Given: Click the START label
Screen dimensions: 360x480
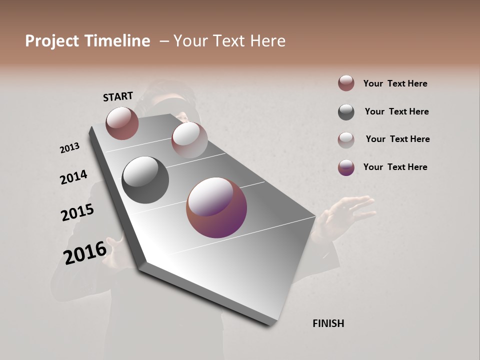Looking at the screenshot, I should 118,96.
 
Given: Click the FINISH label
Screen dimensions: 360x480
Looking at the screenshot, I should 328,323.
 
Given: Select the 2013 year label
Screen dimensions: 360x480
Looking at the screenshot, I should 69,148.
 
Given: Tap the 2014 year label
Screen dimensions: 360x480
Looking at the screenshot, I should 73,177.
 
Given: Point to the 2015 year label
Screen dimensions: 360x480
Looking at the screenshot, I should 77,212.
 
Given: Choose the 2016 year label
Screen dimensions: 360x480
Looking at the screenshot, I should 85,252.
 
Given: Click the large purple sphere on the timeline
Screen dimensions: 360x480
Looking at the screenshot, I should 216,207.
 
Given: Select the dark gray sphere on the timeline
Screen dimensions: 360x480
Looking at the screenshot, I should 145,180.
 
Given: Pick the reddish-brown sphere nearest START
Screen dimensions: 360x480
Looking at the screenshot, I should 122,123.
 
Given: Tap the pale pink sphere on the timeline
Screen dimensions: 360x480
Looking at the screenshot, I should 189,140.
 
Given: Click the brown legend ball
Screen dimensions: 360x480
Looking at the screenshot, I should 346,83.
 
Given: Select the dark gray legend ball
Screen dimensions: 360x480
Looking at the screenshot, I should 346,112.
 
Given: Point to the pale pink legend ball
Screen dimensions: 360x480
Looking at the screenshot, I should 346,139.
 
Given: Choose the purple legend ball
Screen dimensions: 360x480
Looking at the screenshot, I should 346,167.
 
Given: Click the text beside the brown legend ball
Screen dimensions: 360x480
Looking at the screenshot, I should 395,83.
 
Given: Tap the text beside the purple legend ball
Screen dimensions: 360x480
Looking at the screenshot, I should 395,167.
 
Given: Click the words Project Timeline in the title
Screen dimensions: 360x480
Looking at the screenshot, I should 87,41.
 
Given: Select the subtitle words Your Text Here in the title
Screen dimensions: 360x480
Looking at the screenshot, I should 229,41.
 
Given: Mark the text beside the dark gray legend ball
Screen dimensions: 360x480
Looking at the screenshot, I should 396,111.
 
